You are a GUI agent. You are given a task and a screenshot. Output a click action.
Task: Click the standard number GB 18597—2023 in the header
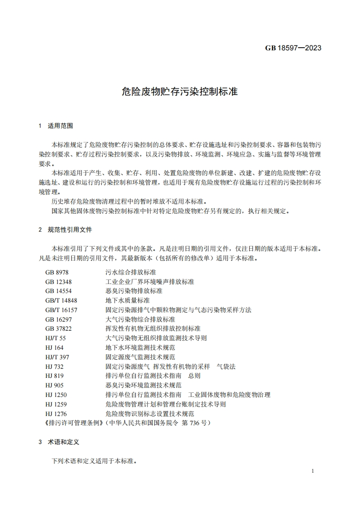pyautogui.click(x=293, y=48)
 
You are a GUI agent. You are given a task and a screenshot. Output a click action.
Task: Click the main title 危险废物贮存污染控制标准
pyautogui.click(x=180, y=91)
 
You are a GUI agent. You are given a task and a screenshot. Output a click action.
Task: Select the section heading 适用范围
pyautogui.click(x=60, y=126)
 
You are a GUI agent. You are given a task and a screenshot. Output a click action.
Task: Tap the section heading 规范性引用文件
pyautogui.click(x=70, y=230)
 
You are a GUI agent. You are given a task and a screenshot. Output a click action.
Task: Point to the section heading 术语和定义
pyautogui.click(x=64, y=442)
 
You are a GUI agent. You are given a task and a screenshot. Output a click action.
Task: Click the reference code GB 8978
pyautogui.click(x=57, y=272)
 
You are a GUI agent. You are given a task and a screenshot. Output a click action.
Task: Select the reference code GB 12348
pyautogui.click(x=59, y=281)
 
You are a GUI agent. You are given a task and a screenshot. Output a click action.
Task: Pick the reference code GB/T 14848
pyautogui.click(x=61, y=300)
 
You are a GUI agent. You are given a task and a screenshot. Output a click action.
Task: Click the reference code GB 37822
pyautogui.click(x=59, y=328)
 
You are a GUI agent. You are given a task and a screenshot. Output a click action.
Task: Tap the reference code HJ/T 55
pyautogui.click(x=55, y=338)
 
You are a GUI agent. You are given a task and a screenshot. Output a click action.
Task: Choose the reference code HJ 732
pyautogui.click(x=54, y=367)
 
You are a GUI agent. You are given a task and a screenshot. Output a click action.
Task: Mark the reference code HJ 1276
pyautogui.click(x=56, y=414)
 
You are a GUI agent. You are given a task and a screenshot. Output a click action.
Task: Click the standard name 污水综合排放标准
pyautogui.click(x=130, y=272)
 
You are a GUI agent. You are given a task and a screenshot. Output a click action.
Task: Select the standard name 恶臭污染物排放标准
pyautogui.click(x=133, y=291)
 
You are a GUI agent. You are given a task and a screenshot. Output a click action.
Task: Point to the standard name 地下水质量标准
pyautogui.click(x=127, y=300)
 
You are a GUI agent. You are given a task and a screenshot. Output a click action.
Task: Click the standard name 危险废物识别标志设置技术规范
pyautogui.click(x=149, y=414)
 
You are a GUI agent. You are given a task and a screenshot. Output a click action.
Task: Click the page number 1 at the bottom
pyautogui.click(x=313, y=471)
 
